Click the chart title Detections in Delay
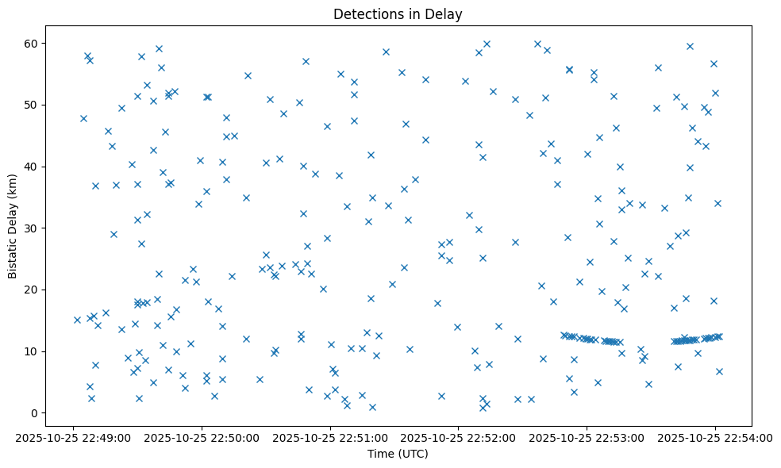(398, 14)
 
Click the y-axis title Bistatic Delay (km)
(13, 226)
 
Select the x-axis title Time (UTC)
(398, 454)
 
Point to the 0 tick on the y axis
(35, 413)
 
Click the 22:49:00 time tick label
(73, 436)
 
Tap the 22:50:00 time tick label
(202, 436)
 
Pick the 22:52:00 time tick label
(458, 436)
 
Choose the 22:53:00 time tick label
(587, 436)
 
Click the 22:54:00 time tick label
(714, 436)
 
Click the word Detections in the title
(366, 14)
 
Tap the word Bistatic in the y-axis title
(13, 255)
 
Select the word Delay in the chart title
(447, 14)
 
